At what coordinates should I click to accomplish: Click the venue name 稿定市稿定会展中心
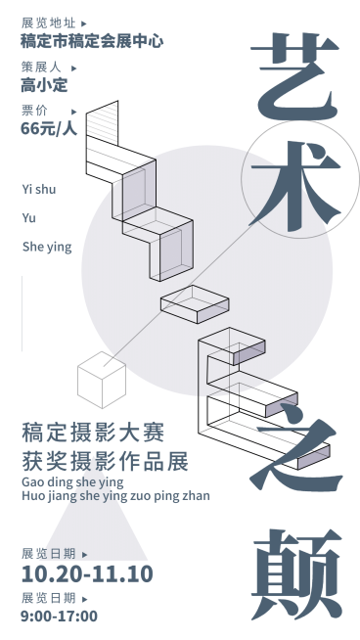click(x=91, y=41)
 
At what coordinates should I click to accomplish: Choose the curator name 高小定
click(x=44, y=85)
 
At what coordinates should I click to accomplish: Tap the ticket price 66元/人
click(x=48, y=127)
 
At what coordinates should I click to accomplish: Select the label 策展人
click(x=41, y=67)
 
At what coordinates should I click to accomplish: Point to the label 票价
click(x=34, y=109)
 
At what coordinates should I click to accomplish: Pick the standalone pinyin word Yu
click(x=28, y=217)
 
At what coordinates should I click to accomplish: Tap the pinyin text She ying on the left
click(x=47, y=247)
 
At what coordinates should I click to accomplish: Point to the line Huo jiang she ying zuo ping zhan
click(x=114, y=495)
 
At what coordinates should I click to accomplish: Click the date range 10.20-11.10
click(x=87, y=573)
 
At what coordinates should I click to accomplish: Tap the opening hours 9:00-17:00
click(x=59, y=616)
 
